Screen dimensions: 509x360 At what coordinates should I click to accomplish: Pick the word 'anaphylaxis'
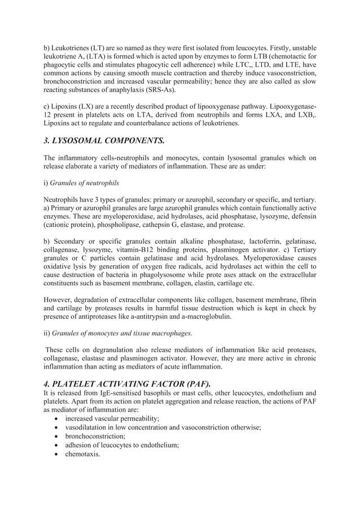point(125,90)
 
